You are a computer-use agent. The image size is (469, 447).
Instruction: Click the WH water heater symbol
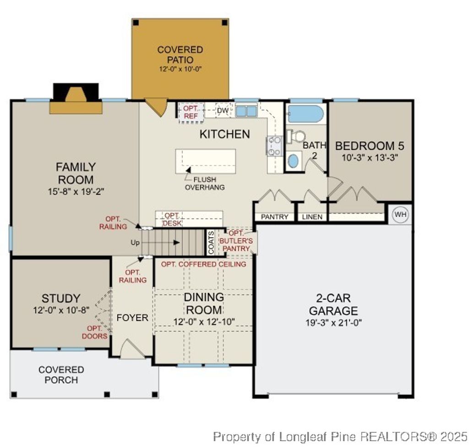pos(401,214)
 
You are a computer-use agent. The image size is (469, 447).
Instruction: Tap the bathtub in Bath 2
pos(306,114)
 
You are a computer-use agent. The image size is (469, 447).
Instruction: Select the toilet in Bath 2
pos(296,136)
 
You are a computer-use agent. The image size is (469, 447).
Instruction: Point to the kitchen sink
pos(246,111)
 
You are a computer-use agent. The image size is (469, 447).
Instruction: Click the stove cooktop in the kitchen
pos(274,146)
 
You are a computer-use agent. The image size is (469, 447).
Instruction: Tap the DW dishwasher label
pos(223,110)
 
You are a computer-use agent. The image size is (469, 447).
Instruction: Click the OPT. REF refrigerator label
pos(191,112)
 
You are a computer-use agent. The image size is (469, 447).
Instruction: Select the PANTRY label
pos(275,217)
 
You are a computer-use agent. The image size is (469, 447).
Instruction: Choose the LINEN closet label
pos(312,217)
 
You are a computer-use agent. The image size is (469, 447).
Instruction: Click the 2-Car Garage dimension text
pos(333,322)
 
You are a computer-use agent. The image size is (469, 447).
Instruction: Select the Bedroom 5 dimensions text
pos(370,158)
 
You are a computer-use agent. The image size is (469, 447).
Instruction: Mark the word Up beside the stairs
pos(135,243)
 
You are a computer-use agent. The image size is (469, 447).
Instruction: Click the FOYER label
pos(132,317)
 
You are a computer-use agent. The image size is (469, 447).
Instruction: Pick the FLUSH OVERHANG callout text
pos(204,183)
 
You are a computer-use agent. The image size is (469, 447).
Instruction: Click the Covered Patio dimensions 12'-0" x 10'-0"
pos(180,69)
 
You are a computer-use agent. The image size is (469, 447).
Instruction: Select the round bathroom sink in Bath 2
pos(293,161)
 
